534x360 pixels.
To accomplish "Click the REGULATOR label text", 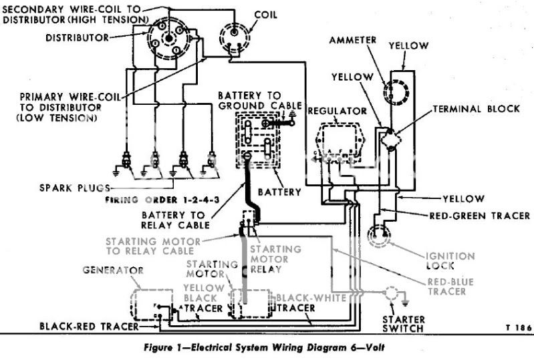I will [x=337, y=110].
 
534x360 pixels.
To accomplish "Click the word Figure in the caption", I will [x=164, y=348].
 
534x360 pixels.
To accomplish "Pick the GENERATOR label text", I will [x=112, y=271].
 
